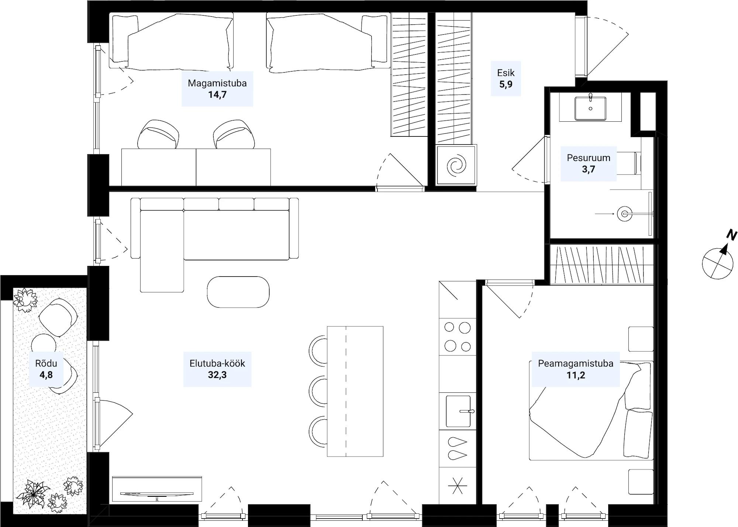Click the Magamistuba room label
217,83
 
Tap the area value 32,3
217,375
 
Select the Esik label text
506,73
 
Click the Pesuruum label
589,158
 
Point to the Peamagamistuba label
576,363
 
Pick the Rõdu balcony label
46,363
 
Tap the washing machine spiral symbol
456,165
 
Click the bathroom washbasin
590,108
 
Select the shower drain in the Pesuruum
625,214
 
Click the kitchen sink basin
458,411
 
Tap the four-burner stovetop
458,337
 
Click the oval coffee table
238,292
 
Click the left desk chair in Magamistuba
158,135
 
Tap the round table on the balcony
44,346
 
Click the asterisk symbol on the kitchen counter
458,485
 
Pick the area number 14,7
217,95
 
